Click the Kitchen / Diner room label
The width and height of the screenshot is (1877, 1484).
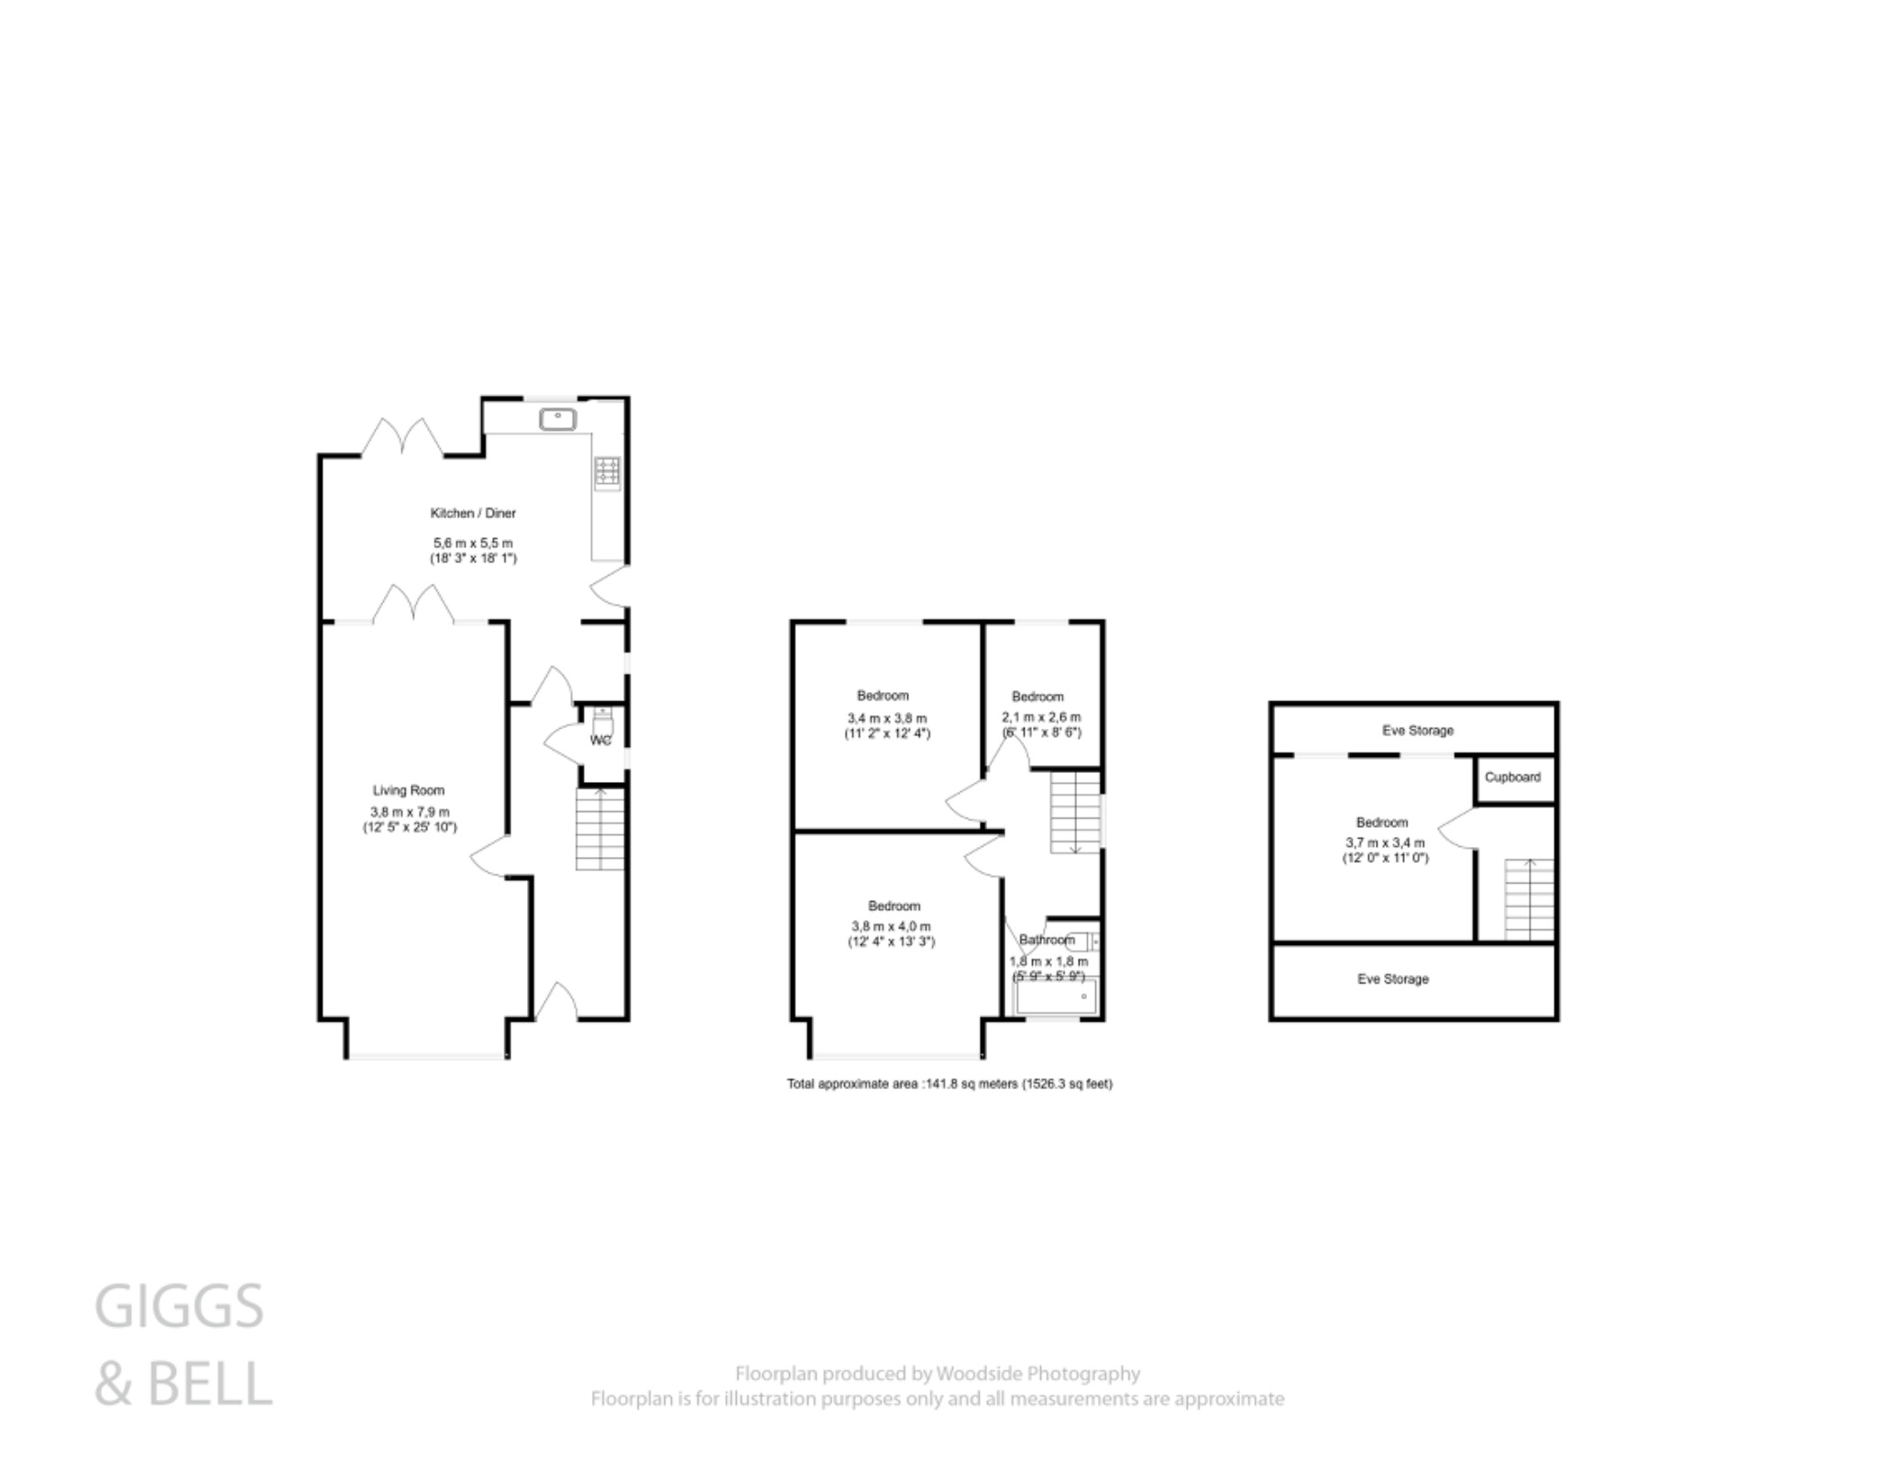point(473,513)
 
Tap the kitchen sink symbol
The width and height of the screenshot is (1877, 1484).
point(557,420)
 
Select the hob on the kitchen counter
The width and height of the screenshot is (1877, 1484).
point(607,472)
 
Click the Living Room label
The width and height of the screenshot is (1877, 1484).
point(409,790)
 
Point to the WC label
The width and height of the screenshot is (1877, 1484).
point(600,741)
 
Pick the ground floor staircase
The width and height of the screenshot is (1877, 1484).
point(600,830)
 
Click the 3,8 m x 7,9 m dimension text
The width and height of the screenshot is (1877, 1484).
point(410,812)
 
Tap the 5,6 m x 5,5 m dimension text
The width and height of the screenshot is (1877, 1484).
point(473,544)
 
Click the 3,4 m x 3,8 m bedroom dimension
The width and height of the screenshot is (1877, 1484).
point(886,718)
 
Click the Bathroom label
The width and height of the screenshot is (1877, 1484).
point(1047,940)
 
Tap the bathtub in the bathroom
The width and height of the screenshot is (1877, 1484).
point(1054,996)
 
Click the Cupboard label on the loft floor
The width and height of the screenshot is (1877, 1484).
point(1512,777)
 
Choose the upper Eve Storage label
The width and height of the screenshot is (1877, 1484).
point(1418,731)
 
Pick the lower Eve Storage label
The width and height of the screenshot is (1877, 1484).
point(1393,979)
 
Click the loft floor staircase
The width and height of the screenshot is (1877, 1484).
point(1529,899)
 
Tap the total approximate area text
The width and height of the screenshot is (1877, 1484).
point(949,1083)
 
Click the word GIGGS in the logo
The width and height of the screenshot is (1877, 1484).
point(180,1307)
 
